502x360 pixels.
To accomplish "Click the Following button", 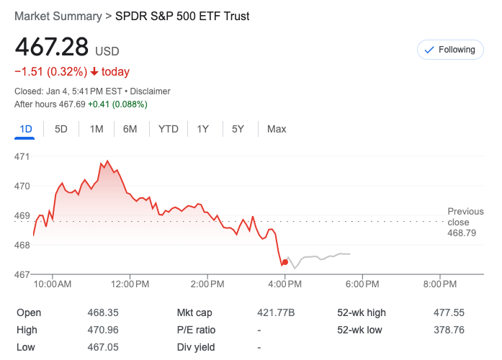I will pyautogui.click(x=449, y=50).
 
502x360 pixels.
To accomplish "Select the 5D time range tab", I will pyautogui.click(x=61, y=129).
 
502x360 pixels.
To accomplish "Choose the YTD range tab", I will pyautogui.click(x=168, y=129).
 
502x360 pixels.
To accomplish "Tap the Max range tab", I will pyautogui.click(x=277, y=129).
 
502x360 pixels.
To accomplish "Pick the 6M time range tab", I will pyautogui.click(x=130, y=129).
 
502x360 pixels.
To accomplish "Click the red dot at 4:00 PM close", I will pyautogui.click(x=285, y=262).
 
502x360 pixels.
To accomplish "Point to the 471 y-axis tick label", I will pyautogui.click(x=22, y=156).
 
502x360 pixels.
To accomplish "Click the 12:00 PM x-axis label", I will pyautogui.click(x=130, y=284).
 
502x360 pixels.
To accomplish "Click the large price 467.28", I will pyautogui.click(x=52, y=48).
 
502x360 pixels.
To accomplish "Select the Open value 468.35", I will pyautogui.click(x=102, y=312).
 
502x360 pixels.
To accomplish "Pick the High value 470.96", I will pyautogui.click(x=102, y=330).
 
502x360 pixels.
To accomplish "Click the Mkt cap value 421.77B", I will pyautogui.click(x=276, y=312).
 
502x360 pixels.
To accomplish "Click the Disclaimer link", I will pyautogui.click(x=151, y=91).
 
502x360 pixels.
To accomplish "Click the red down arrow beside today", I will pyautogui.click(x=94, y=71).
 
